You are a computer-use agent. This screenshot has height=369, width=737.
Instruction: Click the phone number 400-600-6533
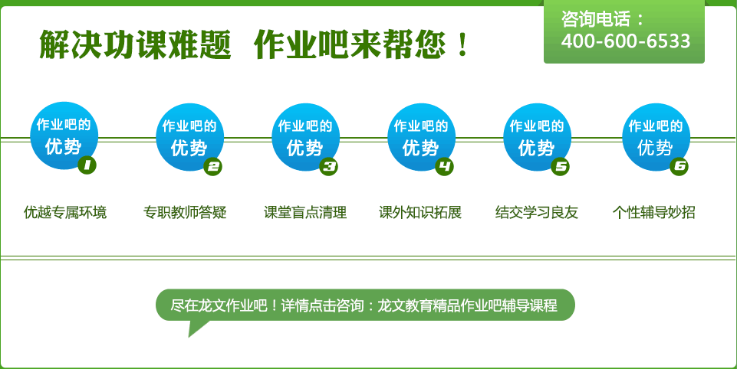(x=626, y=41)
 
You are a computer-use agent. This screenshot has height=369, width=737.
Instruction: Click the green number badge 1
(x=87, y=165)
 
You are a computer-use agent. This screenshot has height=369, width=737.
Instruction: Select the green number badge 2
(x=213, y=166)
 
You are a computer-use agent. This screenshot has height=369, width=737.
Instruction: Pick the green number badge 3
(x=328, y=166)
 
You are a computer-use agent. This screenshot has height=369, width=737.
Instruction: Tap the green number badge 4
(x=444, y=166)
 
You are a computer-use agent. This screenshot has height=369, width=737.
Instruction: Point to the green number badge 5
(x=560, y=166)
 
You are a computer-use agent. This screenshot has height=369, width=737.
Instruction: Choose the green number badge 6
(x=679, y=166)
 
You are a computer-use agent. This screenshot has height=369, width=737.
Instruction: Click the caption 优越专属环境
(x=65, y=212)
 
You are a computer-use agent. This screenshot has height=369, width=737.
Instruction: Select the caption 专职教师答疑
(x=185, y=212)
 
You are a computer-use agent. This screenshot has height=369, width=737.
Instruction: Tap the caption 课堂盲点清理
(x=305, y=212)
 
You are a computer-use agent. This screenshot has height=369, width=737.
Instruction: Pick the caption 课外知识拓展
(x=420, y=212)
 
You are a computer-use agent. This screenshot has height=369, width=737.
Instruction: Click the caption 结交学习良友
(x=536, y=212)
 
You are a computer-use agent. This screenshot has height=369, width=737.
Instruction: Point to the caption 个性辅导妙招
(x=654, y=212)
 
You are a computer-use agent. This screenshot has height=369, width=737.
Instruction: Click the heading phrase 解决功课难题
(x=136, y=44)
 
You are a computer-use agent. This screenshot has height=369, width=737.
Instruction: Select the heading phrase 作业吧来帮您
(x=349, y=44)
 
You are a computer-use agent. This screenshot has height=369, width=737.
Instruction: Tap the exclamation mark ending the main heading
(x=463, y=44)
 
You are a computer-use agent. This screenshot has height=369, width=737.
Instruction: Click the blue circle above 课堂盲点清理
(x=305, y=137)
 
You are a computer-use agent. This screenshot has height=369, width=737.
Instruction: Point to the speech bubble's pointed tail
(x=189, y=336)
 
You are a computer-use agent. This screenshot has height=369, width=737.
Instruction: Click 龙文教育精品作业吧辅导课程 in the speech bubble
(x=467, y=305)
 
